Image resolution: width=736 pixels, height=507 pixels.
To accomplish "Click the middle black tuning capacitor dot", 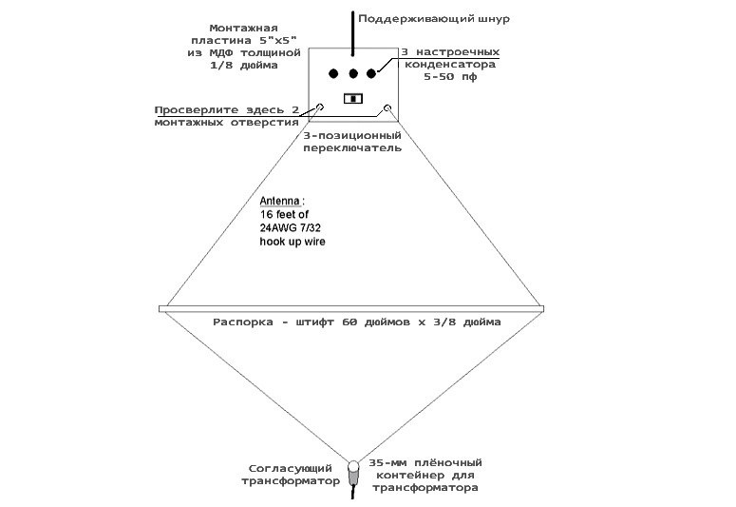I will coord(352,73).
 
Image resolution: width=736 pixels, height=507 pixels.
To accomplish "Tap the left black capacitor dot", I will coord(333,73).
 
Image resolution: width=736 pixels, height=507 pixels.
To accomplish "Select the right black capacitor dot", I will coord(371,73).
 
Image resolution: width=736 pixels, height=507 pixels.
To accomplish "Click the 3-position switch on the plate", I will coord(353,98).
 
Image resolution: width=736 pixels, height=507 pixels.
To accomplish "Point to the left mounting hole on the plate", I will coord(320,107).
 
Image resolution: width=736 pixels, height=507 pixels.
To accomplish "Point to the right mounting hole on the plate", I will coord(387,107).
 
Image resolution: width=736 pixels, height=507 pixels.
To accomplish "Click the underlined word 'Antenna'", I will coord(282,202).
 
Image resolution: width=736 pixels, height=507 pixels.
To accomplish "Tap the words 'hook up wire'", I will coord(293,243).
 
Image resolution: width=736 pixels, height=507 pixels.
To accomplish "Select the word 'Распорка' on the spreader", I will coord(243,322).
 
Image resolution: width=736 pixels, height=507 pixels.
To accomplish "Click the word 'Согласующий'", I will coord(290,468).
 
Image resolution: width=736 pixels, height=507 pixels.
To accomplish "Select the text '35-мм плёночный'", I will coord(423,460).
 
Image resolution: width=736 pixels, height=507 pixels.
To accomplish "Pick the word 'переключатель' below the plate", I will coord(351,148).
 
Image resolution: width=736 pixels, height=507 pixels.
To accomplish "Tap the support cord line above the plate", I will coord(353,29).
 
